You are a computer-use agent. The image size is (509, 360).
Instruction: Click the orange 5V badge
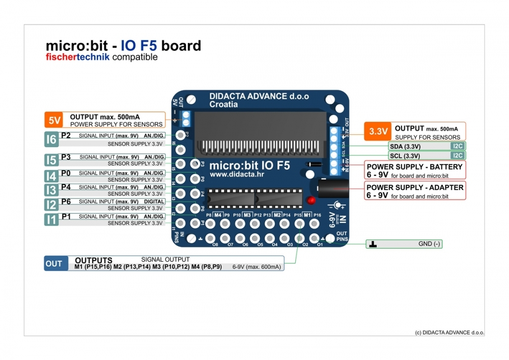[54, 120]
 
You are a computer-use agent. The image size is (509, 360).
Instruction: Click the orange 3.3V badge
[378, 131]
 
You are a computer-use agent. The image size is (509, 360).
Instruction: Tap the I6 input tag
[51, 139]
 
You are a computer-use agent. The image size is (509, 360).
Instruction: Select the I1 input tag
[51, 219]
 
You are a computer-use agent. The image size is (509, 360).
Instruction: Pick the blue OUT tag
[54, 263]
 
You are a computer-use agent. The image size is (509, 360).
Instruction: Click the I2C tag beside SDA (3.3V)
[457, 146]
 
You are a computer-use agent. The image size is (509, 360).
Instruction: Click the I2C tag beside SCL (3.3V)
[457, 155]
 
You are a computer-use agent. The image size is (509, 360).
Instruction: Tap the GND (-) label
[429, 244]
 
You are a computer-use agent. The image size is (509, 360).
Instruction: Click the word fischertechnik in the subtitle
[77, 57]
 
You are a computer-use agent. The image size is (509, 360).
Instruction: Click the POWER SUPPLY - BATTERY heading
[414, 167]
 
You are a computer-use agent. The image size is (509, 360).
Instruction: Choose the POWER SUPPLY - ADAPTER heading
[415, 187]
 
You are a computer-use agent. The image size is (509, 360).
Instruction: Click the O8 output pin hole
[210, 238]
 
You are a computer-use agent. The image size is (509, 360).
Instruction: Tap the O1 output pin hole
[315, 238]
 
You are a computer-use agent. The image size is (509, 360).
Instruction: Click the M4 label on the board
[218, 215]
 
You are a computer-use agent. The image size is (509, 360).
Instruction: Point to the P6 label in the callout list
[66, 202]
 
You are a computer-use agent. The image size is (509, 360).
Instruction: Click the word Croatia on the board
[223, 104]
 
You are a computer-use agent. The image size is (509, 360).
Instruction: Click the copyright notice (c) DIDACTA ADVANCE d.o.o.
[449, 333]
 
